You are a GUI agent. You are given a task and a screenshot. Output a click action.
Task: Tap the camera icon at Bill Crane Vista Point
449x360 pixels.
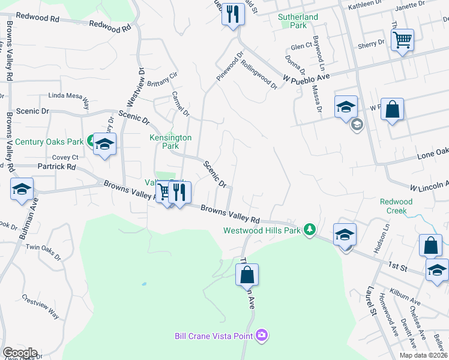[261, 335]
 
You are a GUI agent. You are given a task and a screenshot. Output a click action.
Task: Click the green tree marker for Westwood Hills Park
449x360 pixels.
[310, 229]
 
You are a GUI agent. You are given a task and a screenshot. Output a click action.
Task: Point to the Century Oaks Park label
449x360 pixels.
[49, 142]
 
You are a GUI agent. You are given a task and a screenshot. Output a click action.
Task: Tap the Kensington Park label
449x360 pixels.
[171, 142]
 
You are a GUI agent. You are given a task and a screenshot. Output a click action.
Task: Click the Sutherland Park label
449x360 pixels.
[298, 22]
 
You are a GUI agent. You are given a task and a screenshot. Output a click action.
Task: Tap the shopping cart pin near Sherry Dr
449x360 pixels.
[403, 41]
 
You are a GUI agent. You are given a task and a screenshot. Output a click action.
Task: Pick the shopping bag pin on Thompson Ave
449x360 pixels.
[247, 275]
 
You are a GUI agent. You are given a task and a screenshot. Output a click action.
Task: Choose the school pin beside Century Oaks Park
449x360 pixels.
[104, 145]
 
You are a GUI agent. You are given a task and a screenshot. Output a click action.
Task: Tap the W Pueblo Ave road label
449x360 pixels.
[307, 77]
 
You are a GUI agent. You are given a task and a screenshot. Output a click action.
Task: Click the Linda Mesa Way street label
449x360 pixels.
[68, 99]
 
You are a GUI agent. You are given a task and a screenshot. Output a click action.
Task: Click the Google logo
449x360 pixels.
[19, 353]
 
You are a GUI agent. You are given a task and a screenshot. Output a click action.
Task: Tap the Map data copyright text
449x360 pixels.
[423, 355]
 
